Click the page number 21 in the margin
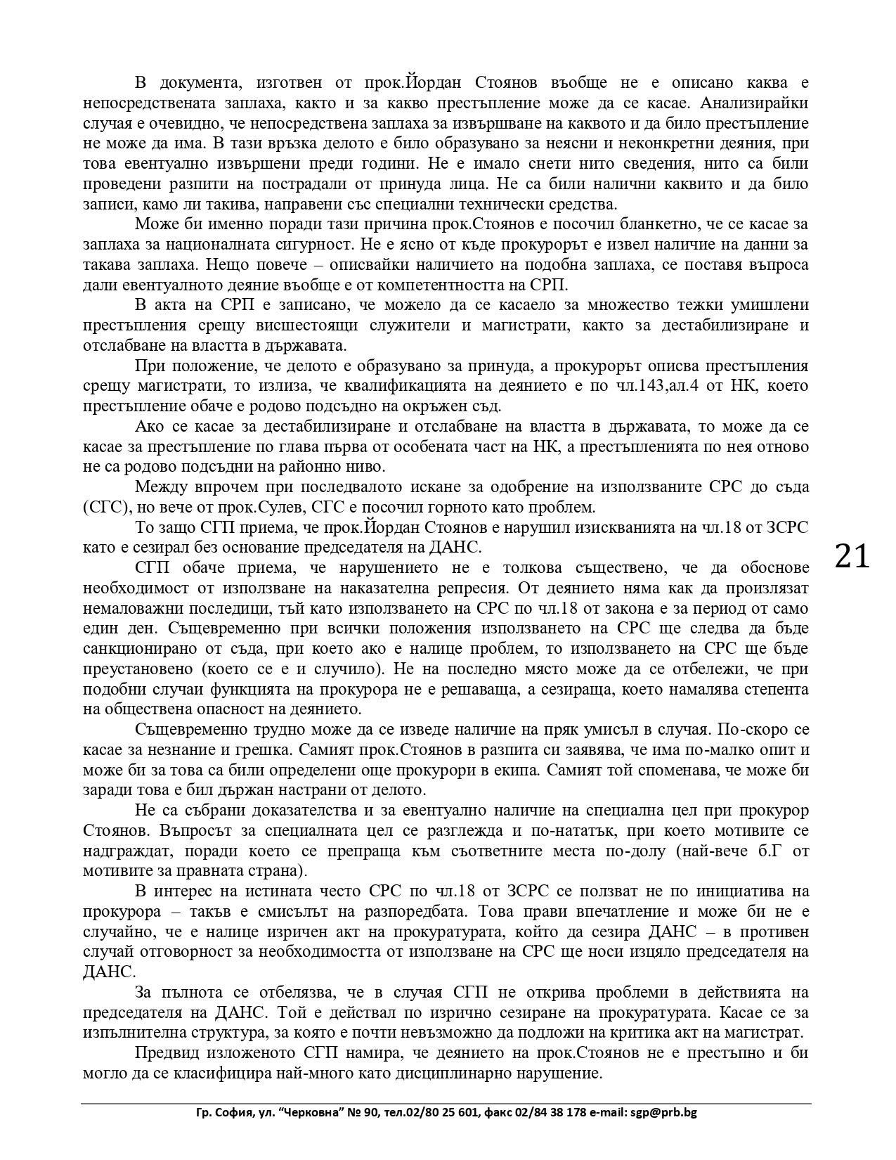click(x=852, y=557)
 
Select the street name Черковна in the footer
click(x=303, y=1112)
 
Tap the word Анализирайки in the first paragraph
click(x=755, y=103)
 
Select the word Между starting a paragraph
click(x=160, y=487)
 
